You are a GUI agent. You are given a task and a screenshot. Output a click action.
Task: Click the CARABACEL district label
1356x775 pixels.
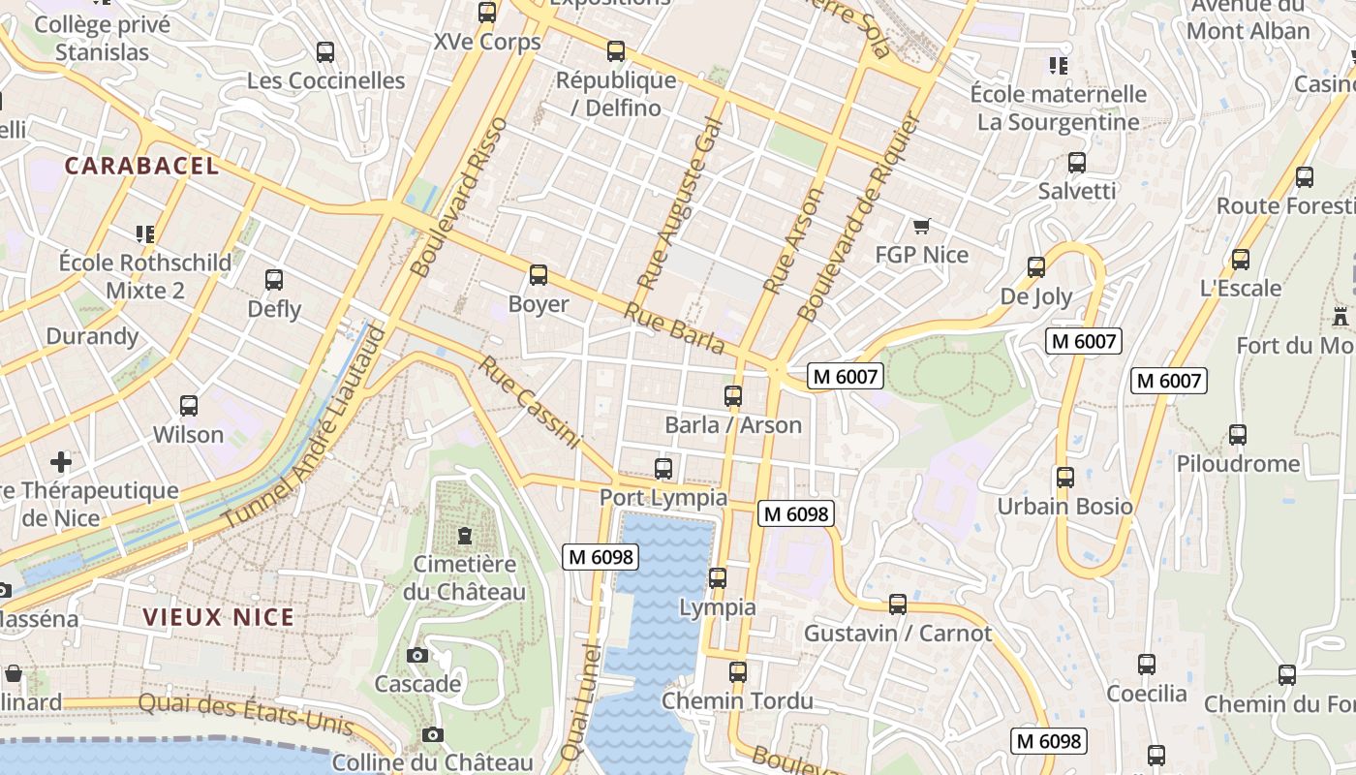click(141, 166)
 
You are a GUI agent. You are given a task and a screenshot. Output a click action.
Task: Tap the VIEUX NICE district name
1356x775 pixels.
click(218, 617)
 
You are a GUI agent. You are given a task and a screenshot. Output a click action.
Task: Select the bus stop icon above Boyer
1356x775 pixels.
click(539, 275)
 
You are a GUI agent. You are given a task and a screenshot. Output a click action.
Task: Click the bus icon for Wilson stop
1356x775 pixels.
click(189, 406)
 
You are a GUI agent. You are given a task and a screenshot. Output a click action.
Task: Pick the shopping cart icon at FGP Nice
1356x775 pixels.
click(921, 226)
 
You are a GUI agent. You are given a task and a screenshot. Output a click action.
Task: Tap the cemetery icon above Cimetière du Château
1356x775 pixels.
click(465, 536)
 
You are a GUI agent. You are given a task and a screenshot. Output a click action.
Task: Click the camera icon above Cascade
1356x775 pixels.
click(417, 656)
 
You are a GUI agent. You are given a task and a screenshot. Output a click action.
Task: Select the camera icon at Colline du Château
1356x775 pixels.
click(433, 735)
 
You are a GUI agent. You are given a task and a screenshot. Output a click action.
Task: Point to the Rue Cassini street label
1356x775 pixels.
click(529, 403)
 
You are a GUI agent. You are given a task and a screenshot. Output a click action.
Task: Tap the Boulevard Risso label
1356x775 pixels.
click(459, 198)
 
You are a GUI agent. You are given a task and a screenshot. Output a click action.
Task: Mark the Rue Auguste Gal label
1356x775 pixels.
click(680, 202)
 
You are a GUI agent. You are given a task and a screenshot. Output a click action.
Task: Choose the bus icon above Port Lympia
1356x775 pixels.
click(663, 469)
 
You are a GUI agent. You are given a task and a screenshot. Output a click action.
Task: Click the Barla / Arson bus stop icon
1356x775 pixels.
click(733, 396)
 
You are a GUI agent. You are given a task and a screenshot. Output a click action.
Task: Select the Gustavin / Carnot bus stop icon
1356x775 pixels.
click(898, 604)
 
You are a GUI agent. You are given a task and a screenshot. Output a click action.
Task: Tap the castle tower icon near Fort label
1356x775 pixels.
click(1341, 317)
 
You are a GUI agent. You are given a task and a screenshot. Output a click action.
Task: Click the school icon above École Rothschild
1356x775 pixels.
click(145, 233)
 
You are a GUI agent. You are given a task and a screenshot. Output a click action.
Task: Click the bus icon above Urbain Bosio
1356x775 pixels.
click(1065, 478)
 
